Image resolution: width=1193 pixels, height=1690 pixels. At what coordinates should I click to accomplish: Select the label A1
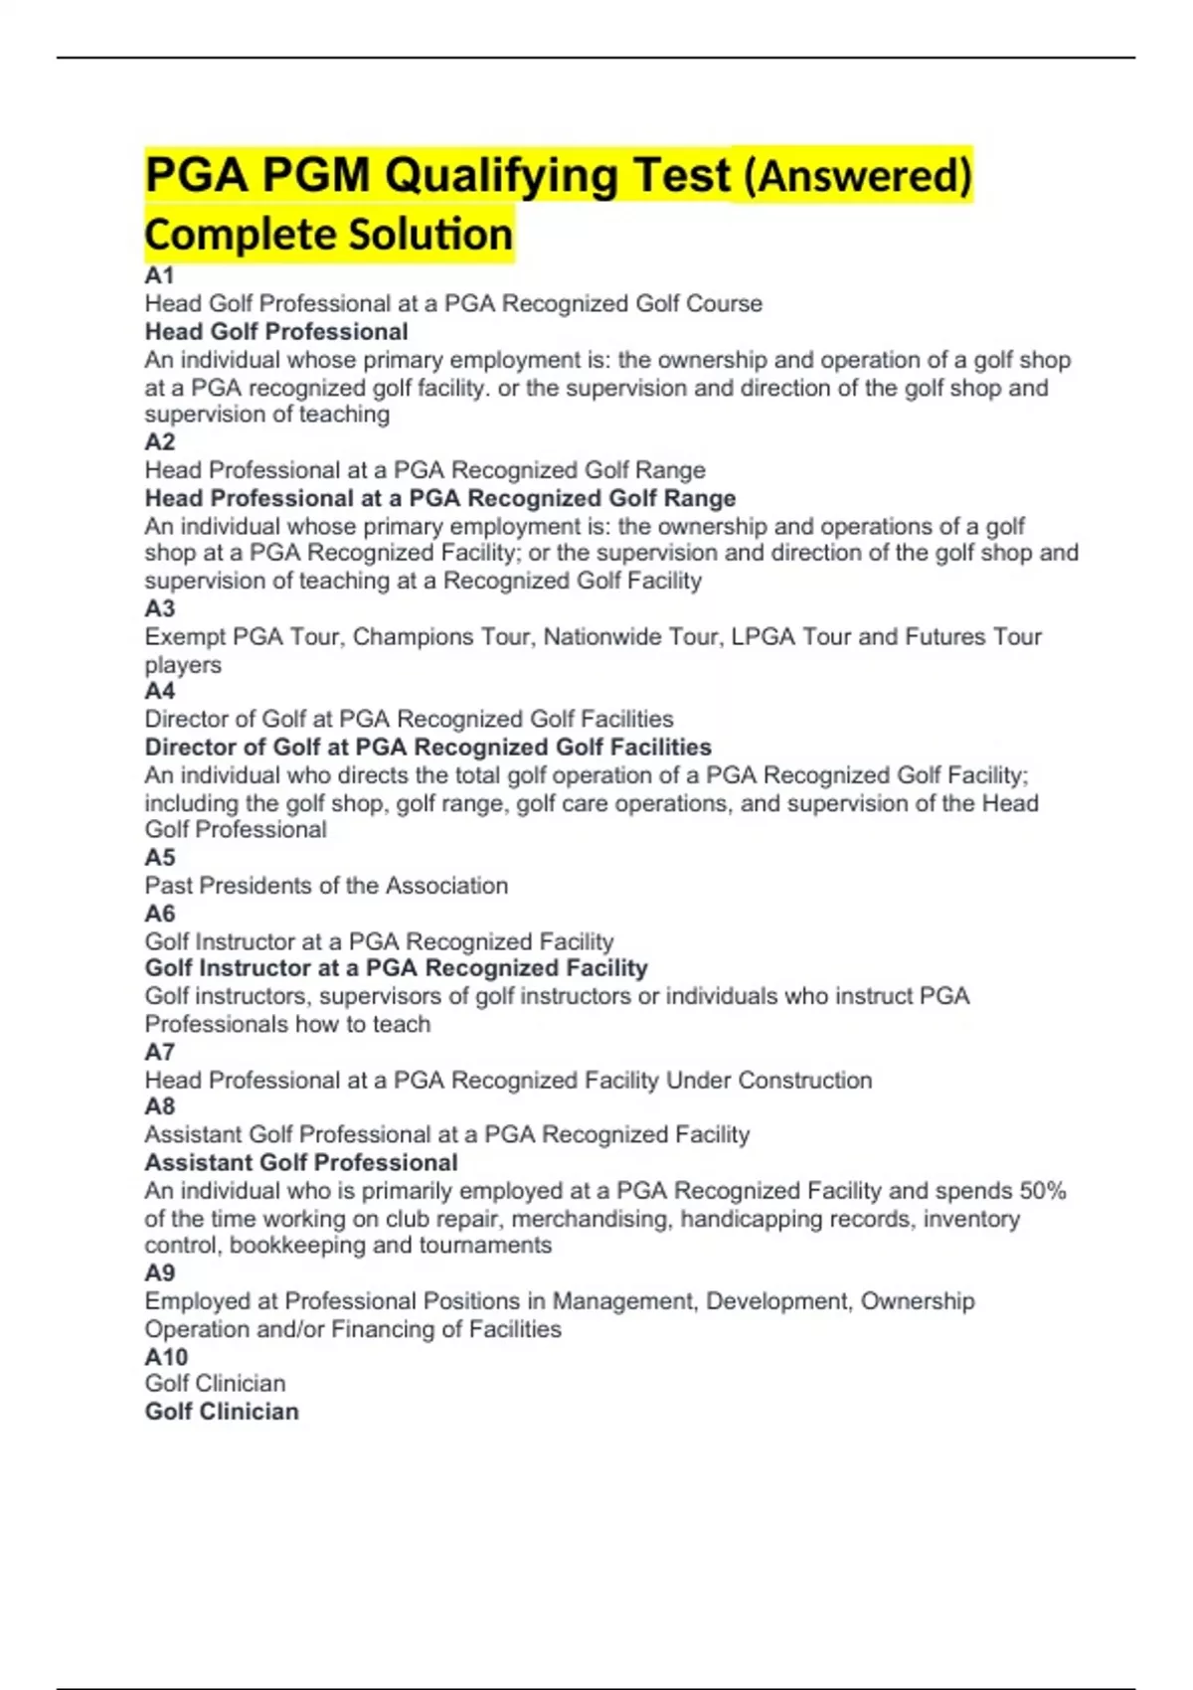pos(159,275)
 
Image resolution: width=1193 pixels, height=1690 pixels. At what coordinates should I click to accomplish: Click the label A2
pos(159,441)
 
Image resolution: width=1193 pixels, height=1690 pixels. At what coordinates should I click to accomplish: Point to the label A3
pos(159,608)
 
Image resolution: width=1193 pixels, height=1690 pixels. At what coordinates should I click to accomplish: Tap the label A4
pos(159,691)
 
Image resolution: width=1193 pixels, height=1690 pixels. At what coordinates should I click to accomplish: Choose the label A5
pos(159,858)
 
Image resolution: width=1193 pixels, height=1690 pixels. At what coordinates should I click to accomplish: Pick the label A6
pos(159,914)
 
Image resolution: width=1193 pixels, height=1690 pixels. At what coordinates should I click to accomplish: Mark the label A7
pos(159,1052)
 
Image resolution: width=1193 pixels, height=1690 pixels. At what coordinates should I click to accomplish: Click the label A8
pos(159,1106)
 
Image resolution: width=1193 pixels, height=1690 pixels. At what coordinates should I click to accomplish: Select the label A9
pos(159,1273)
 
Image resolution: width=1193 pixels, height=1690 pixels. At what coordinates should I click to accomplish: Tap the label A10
pos(166,1357)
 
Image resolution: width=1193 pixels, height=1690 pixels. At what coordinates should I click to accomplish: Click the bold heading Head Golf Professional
pos(276,332)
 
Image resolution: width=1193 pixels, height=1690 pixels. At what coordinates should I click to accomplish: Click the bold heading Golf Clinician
pos(222,1412)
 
